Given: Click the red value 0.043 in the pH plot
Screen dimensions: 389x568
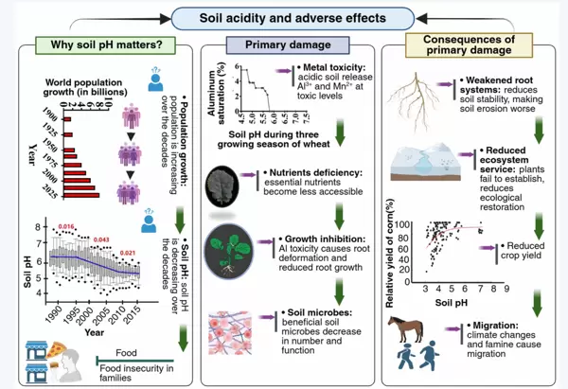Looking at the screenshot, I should (101, 239).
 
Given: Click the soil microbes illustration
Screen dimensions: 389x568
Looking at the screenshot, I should (239, 319).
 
